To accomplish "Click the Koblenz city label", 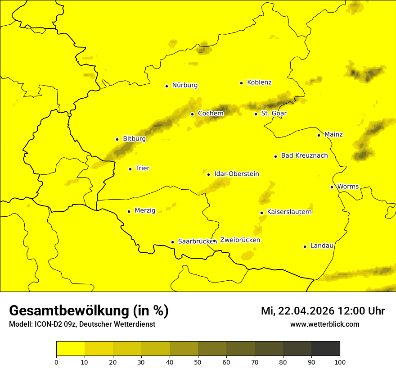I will (260, 82).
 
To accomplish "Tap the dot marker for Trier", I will (130, 169).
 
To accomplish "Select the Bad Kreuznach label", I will (304, 155).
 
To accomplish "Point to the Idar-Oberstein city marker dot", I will (208, 174).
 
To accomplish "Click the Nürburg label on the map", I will (184, 85).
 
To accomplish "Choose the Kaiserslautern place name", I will (289, 212).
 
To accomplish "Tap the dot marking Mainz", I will (319, 135).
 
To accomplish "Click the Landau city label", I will (322, 246).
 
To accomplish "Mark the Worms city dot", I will (332, 187).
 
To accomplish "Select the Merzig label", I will (145, 210).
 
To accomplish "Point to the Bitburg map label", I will (134, 139).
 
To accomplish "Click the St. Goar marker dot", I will (256, 114).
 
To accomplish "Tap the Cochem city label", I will (211, 113).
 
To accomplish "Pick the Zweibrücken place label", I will (240, 240).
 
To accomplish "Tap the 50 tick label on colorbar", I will (198, 362).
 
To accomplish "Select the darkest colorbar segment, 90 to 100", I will (325, 348).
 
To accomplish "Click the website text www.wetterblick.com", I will (324, 324).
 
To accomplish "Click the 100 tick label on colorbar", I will (340, 362).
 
